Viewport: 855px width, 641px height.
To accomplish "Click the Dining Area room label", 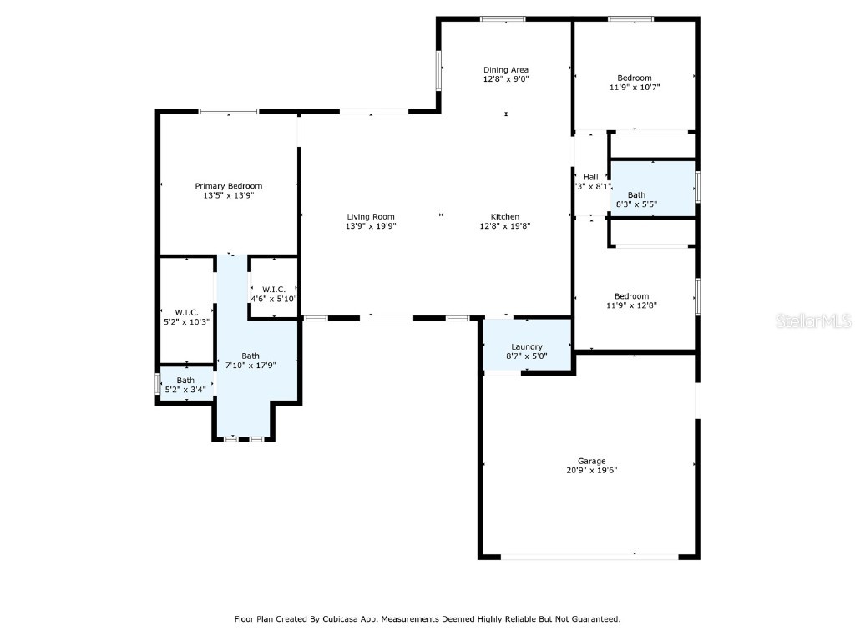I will coord(505,69).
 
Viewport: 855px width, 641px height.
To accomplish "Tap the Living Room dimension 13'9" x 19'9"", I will coord(370,226).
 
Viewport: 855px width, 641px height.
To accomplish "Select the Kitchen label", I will coord(505,216).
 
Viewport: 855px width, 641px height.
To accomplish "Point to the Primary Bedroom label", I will coord(228,186).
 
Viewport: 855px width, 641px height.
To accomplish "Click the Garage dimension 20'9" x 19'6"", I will coord(592,470).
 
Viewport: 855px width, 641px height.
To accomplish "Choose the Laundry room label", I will coord(527,346).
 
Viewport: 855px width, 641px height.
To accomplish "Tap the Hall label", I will coord(590,177).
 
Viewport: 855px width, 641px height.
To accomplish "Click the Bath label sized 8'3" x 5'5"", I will coord(636,194).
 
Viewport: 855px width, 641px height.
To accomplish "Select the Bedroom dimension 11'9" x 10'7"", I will coord(634,87).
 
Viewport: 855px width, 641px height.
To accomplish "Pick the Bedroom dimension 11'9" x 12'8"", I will coord(631,305).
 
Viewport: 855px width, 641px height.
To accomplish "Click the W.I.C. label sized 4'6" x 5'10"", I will coord(274,289).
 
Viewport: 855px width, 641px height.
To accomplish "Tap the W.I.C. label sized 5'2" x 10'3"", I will coord(186,312).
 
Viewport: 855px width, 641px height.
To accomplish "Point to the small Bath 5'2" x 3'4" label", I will coord(185,380).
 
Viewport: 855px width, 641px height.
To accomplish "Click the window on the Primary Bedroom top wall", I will coord(228,111).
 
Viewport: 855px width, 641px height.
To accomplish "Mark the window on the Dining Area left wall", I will coord(438,70).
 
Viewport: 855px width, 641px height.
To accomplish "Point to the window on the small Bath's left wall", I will coord(157,384).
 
